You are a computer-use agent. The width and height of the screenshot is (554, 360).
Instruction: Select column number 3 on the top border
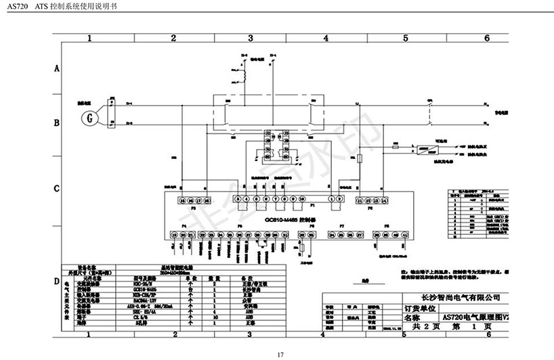tap(250, 38)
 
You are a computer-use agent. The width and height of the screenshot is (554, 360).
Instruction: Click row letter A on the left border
tap(57, 69)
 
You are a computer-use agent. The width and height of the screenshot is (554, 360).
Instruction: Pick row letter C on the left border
tap(57, 188)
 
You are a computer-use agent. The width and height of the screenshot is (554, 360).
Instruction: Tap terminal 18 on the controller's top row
tap(207, 200)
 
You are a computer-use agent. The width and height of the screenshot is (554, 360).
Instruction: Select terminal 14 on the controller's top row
tap(385, 200)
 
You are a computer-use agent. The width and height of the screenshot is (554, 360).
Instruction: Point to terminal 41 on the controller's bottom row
tap(405, 234)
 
